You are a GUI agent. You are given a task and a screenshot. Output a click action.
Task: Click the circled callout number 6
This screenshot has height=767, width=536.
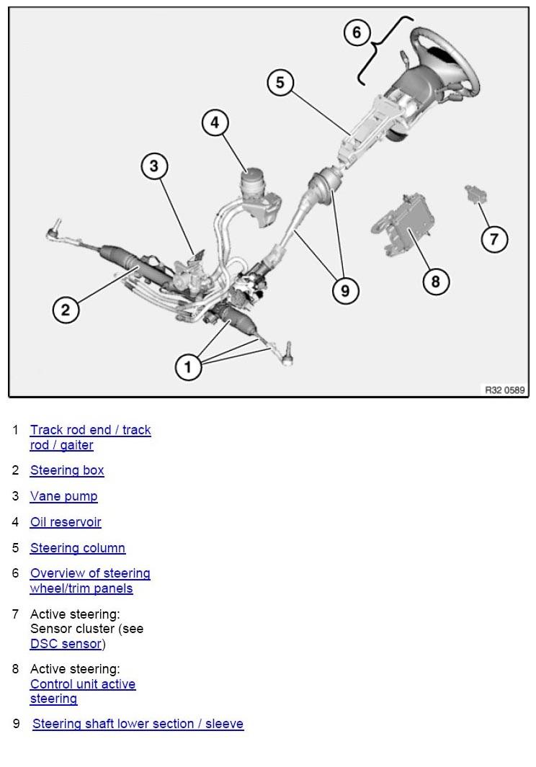coord(357,33)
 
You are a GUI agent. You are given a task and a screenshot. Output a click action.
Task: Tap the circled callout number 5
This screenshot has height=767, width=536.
coord(280,83)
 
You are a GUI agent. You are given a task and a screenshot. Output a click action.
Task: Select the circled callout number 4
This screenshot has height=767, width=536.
coord(215,123)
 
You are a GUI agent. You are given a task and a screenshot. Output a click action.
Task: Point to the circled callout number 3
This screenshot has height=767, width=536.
coord(153,167)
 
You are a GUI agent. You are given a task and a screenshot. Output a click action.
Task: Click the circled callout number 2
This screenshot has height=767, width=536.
coord(66,310)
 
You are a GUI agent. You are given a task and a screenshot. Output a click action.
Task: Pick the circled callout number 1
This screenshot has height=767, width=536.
coord(188,367)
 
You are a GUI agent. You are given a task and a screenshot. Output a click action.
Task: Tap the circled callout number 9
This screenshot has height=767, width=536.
coord(345,290)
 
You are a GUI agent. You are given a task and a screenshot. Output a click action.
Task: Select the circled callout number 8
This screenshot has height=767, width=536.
coord(435,281)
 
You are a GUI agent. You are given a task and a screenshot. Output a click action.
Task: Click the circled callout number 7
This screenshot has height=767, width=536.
coord(494,238)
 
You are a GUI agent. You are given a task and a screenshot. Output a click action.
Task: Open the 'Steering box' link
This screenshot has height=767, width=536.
coord(67,470)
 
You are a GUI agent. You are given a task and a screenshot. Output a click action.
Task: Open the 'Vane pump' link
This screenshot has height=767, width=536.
coord(63,496)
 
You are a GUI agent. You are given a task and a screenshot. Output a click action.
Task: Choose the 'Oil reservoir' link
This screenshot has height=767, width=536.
coord(66,522)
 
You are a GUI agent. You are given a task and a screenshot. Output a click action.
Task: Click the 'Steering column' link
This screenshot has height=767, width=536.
coord(78,548)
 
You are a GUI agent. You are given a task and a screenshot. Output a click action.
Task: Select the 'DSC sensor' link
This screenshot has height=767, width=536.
coord(66,644)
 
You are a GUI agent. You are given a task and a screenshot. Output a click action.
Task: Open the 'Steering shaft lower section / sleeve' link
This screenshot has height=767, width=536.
coord(138,724)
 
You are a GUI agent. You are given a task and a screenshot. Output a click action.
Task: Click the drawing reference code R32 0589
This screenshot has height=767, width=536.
coord(504,390)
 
